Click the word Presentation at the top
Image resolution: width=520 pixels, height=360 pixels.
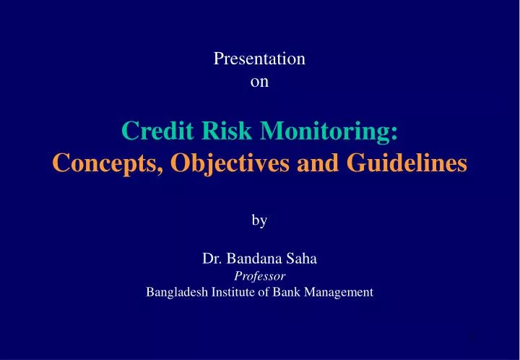(259, 59)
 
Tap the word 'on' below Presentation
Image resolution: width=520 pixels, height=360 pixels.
(259, 82)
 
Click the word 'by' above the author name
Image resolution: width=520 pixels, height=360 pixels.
(259, 221)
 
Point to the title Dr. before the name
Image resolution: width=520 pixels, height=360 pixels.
(210, 259)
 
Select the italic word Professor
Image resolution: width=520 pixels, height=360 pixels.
(259, 276)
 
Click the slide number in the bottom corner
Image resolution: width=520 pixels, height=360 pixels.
(470, 338)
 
